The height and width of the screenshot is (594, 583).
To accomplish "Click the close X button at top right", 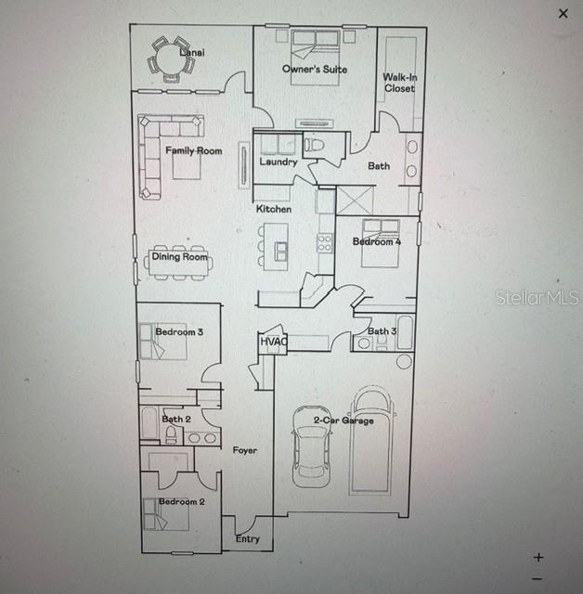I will [563, 14].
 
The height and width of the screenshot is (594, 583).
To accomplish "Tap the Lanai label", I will [192, 53].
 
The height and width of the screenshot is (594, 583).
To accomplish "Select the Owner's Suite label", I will [315, 70].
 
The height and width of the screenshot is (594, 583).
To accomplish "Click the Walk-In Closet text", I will [399, 83].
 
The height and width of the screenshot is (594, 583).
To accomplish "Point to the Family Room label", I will [194, 150].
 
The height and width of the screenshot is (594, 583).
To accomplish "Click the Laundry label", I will [278, 162].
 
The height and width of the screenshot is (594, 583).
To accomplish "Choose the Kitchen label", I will [274, 210].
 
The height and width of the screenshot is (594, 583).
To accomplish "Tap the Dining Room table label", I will [180, 257].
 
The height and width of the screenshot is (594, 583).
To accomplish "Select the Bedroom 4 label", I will [377, 242].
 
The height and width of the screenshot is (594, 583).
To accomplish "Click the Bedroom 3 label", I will [179, 332].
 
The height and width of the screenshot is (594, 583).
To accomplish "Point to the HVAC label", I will [274, 342].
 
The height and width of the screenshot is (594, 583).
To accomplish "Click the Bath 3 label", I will [382, 331].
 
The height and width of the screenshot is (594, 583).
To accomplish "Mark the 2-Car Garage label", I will [343, 420].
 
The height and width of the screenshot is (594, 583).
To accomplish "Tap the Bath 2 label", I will [175, 419].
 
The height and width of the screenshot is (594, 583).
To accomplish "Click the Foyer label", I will [244, 450].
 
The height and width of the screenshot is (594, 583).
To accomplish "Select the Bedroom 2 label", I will [181, 501].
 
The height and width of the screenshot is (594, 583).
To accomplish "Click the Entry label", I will [247, 539].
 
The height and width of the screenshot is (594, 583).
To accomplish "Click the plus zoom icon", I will [538, 558].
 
